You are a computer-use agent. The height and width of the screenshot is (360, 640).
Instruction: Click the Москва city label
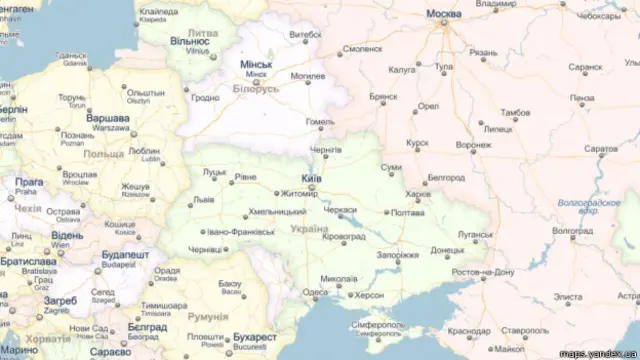pos(444,14)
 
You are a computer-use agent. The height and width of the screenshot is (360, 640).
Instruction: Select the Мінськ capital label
pos(256,64)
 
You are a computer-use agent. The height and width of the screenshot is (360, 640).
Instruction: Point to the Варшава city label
pos(108,117)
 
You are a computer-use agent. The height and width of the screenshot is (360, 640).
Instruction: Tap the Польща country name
pos(103,154)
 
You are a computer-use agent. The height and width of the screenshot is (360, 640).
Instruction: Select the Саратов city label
pos(601,148)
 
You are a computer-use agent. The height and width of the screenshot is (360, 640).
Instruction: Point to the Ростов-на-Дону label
pos(483,272)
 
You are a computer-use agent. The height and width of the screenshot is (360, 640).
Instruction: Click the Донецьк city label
pos(447,250)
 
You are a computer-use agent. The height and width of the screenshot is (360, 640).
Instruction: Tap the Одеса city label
pos(315,293)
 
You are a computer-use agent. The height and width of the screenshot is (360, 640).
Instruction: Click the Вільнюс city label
pos(189,41)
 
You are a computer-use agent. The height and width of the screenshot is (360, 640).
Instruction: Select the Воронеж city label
pos(473,145)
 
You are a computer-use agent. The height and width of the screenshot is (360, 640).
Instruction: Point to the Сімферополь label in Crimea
pos(378,326)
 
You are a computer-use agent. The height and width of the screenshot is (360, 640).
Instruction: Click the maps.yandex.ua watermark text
pos(597,352)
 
